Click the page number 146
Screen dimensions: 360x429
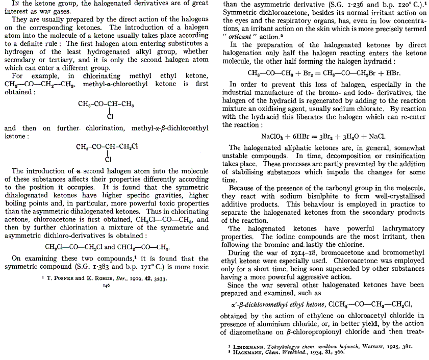(x=107, y=286)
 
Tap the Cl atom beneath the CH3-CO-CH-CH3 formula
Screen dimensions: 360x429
(x=110, y=116)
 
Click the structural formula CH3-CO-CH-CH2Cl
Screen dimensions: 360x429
(x=107, y=147)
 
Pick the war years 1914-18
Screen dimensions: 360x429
(x=284, y=252)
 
